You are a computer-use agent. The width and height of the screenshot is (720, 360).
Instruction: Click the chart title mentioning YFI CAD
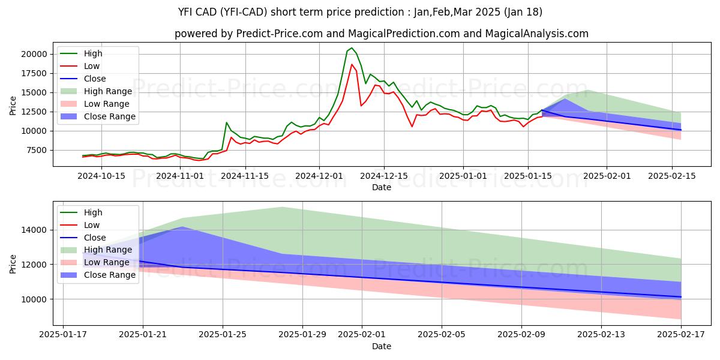click(x=360, y=11)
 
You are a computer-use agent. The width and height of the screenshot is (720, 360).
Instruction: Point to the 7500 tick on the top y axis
click(x=35, y=150)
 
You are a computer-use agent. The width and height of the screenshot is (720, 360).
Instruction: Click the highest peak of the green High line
click(x=352, y=48)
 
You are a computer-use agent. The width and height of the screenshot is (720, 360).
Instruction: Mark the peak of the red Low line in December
click(x=352, y=64)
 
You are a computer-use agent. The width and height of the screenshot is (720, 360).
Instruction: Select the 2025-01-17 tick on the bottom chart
click(x=64, y=335)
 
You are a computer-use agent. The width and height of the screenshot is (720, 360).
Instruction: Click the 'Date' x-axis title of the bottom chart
click(x=382, y=346)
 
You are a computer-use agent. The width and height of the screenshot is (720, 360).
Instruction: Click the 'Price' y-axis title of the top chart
click(x=13, y=106)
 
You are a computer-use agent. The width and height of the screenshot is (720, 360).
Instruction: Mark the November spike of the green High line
click(x=226, y=122)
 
